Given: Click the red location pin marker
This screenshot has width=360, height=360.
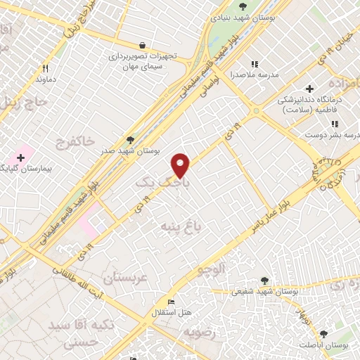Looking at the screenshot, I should tap(181, 165).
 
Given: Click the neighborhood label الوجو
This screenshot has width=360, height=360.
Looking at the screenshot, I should tap(212, 269).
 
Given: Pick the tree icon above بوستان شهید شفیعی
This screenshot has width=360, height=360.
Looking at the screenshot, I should tap(264, 279).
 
